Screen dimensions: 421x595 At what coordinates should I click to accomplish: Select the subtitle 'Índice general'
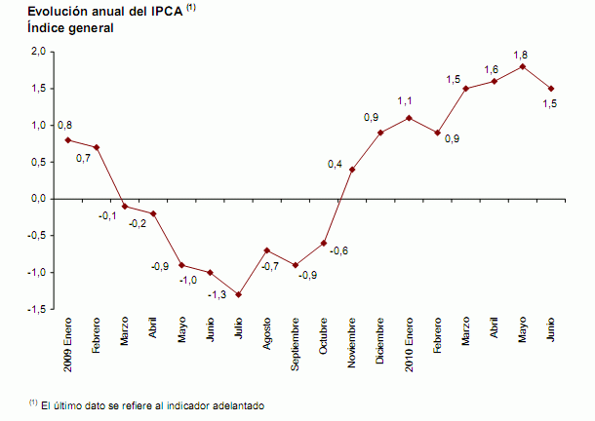point(71,28)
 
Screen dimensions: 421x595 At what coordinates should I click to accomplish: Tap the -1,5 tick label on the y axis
point(34,309)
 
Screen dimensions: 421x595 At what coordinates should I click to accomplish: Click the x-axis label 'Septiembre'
point(295,346)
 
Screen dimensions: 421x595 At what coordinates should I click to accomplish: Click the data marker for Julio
point(238,294)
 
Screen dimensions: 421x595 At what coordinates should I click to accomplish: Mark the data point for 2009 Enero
point(67,139)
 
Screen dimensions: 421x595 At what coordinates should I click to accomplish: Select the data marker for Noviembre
point(352,170)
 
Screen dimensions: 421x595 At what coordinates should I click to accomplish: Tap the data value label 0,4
point(335,165)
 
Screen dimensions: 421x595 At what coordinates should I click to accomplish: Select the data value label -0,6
point(338,250)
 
